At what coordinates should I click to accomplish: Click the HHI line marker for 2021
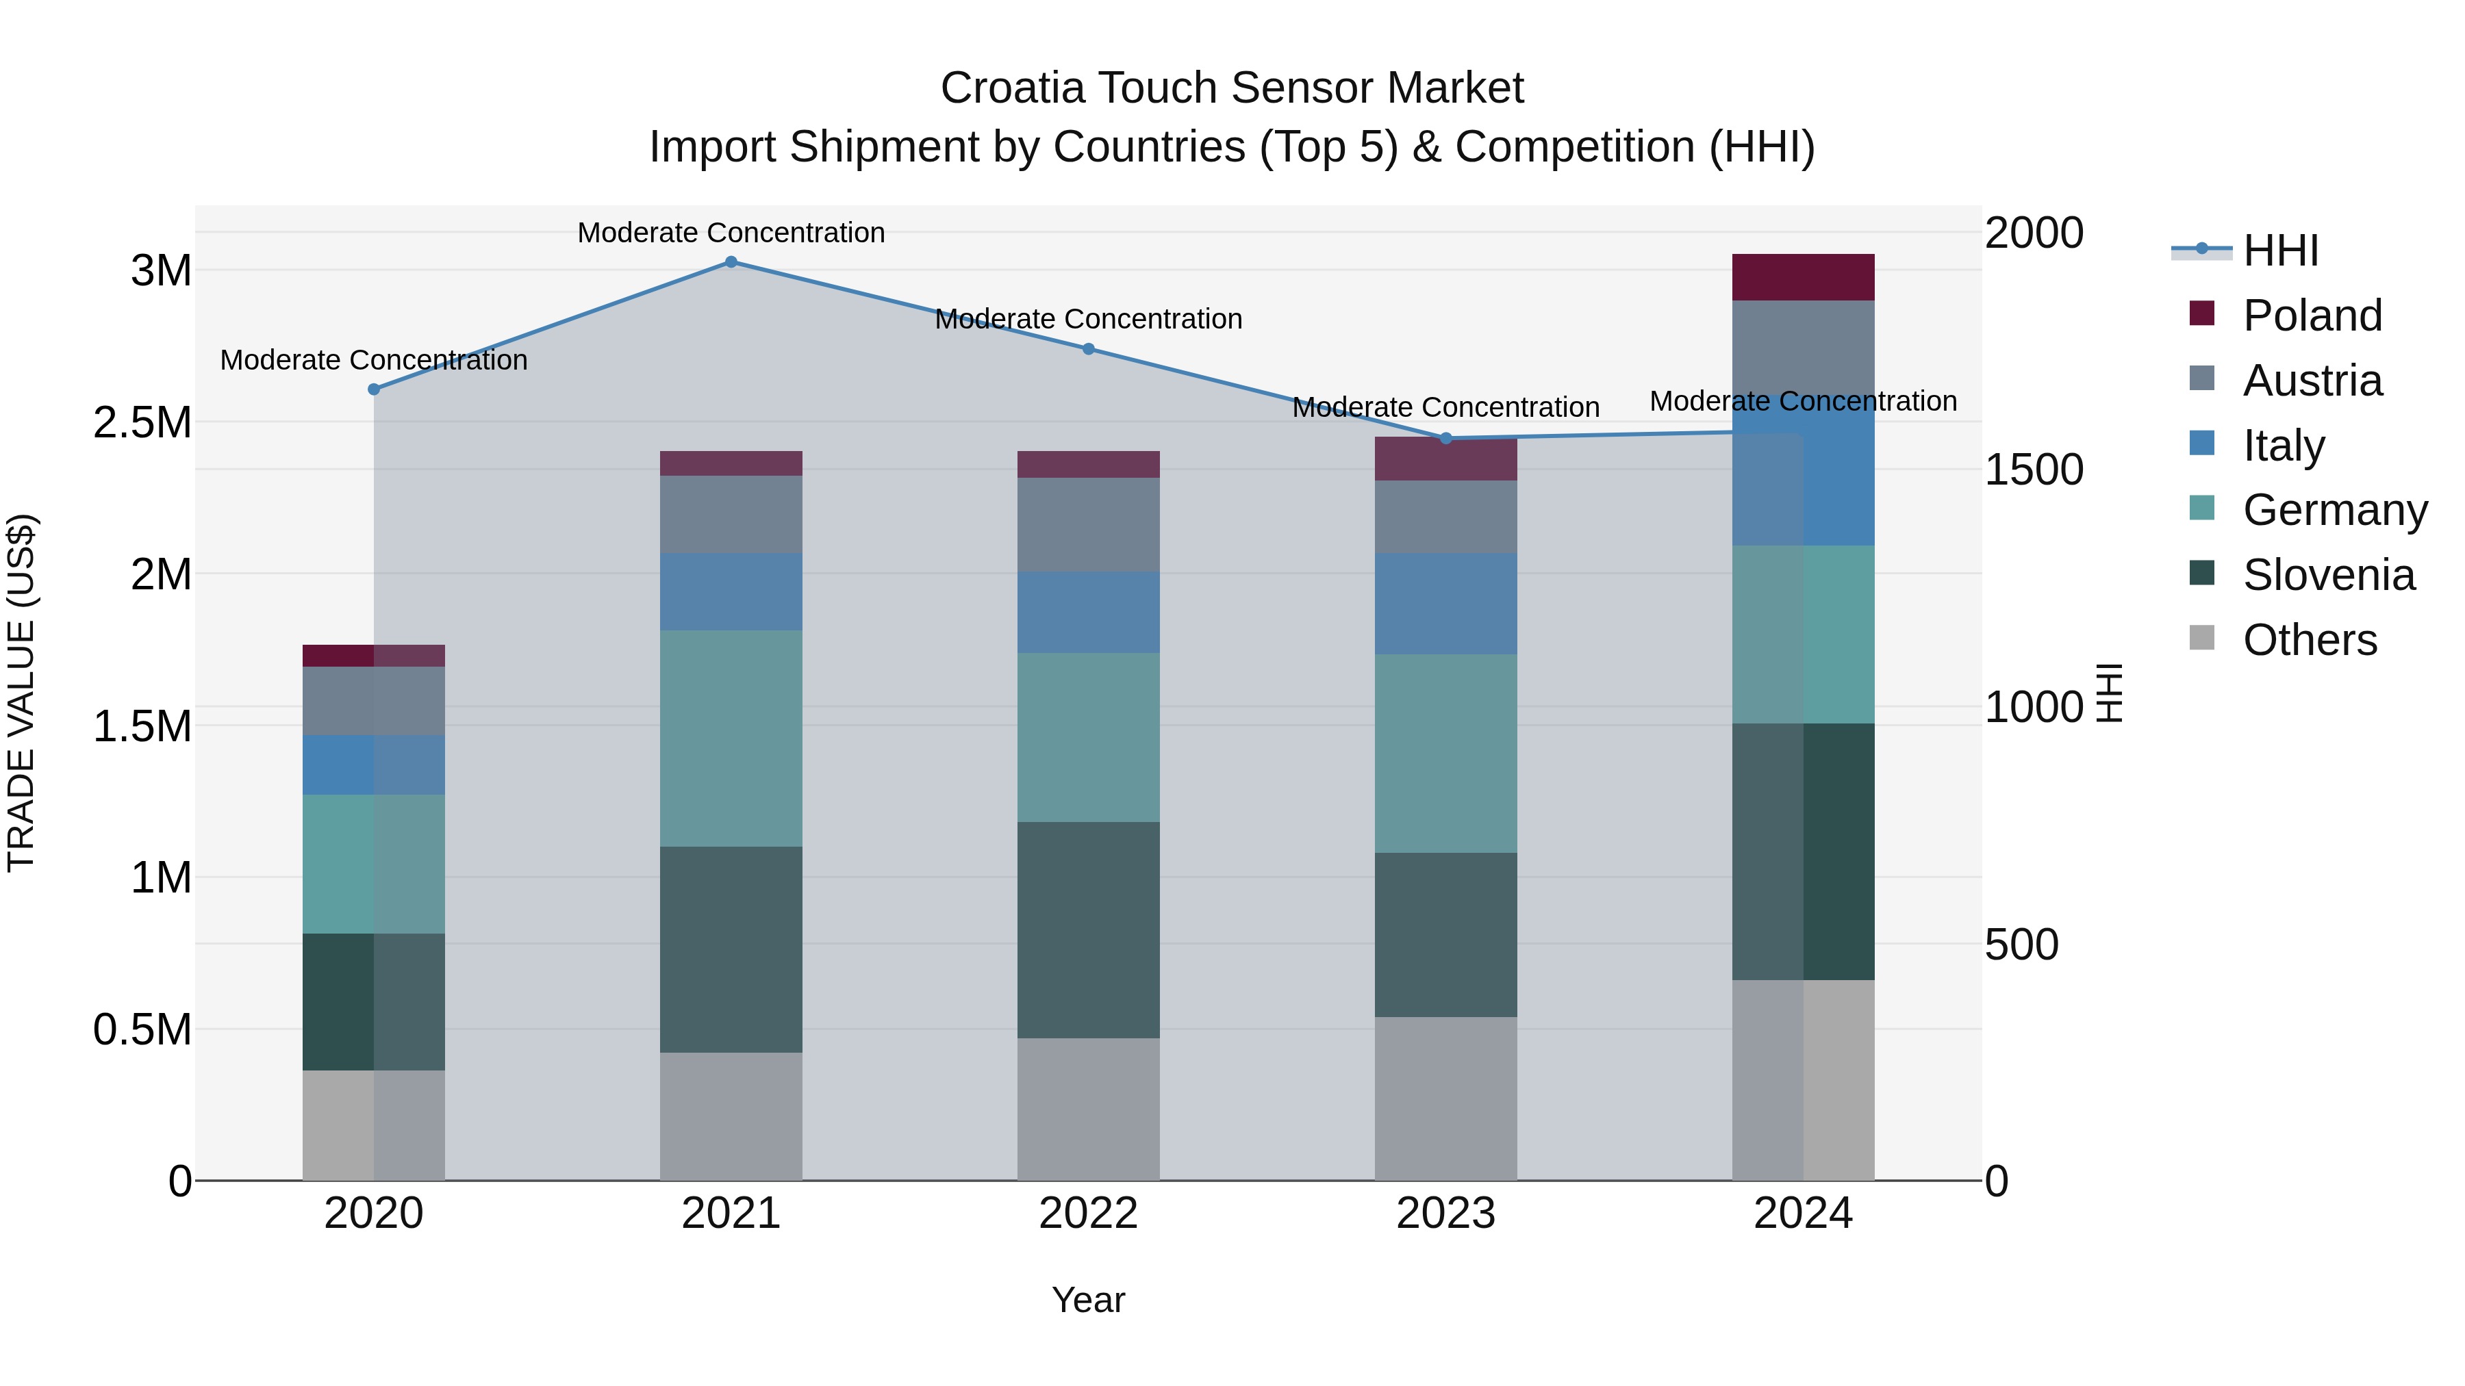pos(731,261)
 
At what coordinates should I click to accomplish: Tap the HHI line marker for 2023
pos(1446,438)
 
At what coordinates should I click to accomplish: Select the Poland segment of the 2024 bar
pos(1803,277)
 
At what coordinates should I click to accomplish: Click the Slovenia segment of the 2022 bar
pos(1088,929)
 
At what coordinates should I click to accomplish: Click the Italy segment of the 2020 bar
pos(373,765)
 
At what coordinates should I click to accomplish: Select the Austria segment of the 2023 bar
pos(1446,517)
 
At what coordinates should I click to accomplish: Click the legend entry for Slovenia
pos(2327,575)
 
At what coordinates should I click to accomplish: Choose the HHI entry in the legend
pos(2279,251)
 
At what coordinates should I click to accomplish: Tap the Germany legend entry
pos(2333,510)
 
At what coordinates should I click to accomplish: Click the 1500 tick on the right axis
pos(2034,470)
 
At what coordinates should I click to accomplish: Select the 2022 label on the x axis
pos(1088,1214)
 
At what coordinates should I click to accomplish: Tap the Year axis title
pos(1088,1300)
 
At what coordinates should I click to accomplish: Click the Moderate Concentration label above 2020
pos(373,361)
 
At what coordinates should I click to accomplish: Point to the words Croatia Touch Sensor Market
pos(1232,88)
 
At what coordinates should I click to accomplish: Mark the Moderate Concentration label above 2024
pos(1803,401)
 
